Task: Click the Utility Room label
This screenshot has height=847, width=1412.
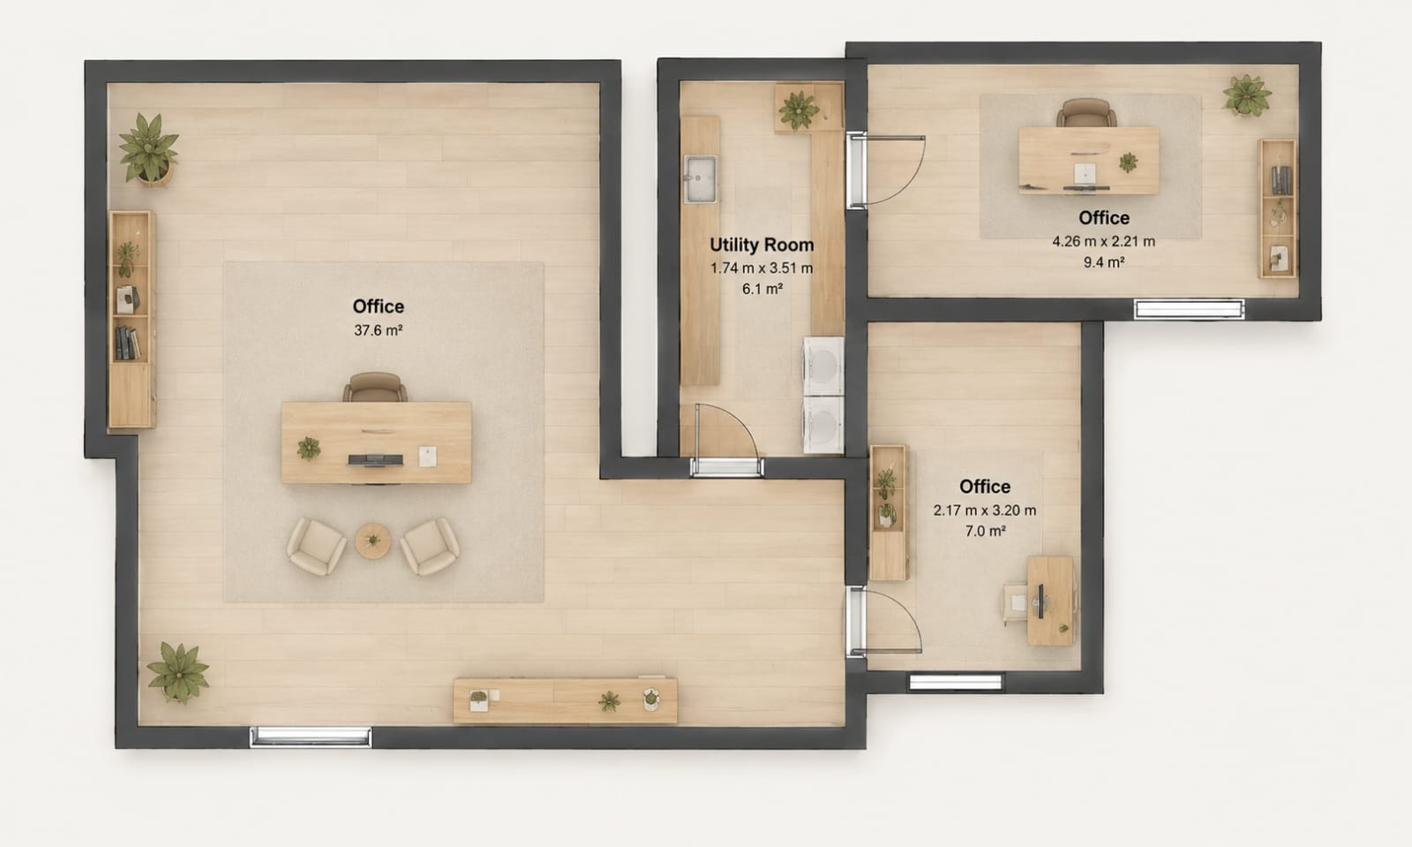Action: [x=762, y=245]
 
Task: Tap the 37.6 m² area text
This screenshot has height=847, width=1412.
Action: [x=379, y=329]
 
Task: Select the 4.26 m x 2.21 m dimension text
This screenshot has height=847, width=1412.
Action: [x=1103, y=241]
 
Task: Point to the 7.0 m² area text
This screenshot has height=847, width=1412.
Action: [x=985, y=531]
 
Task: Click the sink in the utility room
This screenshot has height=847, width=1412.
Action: [x=701, y=179]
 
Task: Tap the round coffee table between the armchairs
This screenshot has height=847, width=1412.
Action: [x=372, y=541]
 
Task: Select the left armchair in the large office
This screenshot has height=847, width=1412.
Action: [x=317, y=546]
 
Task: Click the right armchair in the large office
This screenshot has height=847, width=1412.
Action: [x=429, y=546]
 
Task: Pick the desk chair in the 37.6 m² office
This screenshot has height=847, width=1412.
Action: [x=375, y=387]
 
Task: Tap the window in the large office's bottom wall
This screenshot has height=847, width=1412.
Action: [x=311, y=737]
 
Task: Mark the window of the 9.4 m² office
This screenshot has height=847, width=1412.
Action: [x=1189, y=309]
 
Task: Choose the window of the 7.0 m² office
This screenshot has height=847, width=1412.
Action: [x=956, y=682]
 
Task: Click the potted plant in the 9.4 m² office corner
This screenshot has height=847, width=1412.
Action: [x=1246, y=96]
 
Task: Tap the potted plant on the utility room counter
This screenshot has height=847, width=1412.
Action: [x=800, y=110]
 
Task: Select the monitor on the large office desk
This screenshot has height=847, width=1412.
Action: [x=376, y=460]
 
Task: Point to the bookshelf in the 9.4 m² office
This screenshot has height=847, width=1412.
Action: [x=1277, y=208]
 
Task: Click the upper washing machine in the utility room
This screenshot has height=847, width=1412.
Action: [x=823, y=366]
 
